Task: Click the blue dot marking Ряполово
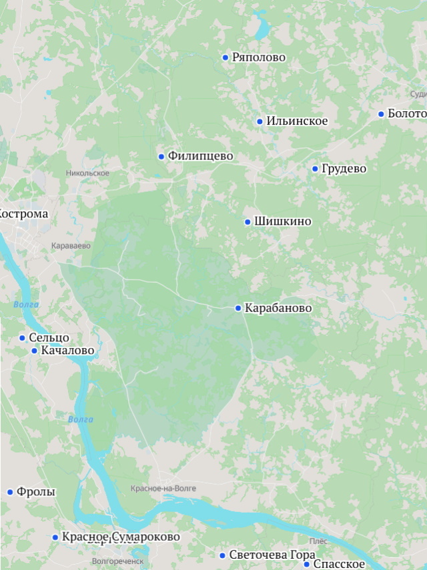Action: pyautogui.click(x=226, y=57)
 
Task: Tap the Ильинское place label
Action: pyautogui.click(x=297, y=121)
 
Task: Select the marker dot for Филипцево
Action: pyautogui.click(x=161, y=157)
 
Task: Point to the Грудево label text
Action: pyautogui.click(x=344, y=169)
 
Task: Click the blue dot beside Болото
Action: pyautogui.click(x=381, y=114)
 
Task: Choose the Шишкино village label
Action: pyautogui.click(x=282, y=221)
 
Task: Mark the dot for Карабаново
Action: pyautogui.click(x=238, y=308)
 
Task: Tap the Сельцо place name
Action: pyautogui.click(x=49, y=338)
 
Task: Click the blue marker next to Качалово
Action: pyautogui.click(x=35, y=351)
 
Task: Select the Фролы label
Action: pyautogui.click(x=36, y=492)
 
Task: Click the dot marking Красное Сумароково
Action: pyautogui.click(x=55, y=537)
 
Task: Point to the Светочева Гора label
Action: pyautogui.click(x=272, y=555)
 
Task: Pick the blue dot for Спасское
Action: pyautogui.click(x=307, y=565)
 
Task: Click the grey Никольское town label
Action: pyautogui.click(x=87, y=173)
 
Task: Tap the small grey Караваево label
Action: pyautogui.click(x=71, y=246)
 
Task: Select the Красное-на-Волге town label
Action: pyautogui.click(x=163, y=489)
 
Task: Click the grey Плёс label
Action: pyautogui.click(x=318, y=541)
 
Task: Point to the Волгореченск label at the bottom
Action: pyautogui.click(x=117, y=561)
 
